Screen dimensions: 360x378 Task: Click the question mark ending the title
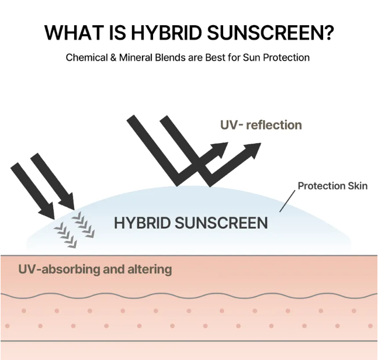pyautogui.click(x=328, y=33)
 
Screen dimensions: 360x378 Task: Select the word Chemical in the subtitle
pyautogui.click(x=85, y=58)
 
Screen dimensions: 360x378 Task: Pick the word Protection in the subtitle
pyautogui.click(x=286, y=58)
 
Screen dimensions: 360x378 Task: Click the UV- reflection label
pyautogui.click(x=261, y=125)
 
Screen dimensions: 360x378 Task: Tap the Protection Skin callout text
pyautogui.click(x=332, y=186)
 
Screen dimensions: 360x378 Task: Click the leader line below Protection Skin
pyautogui.click(x=287, y=202)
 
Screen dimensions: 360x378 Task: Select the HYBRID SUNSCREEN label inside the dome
pyautogui.click(x=191, y=223)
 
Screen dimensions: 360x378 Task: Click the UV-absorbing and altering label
pyautogui.click(x=95, y=269)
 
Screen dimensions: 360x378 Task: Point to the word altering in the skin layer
pyautogui.click(x=151, y=269)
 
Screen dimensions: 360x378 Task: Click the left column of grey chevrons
pyautogui.click(x=65, y=233)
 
